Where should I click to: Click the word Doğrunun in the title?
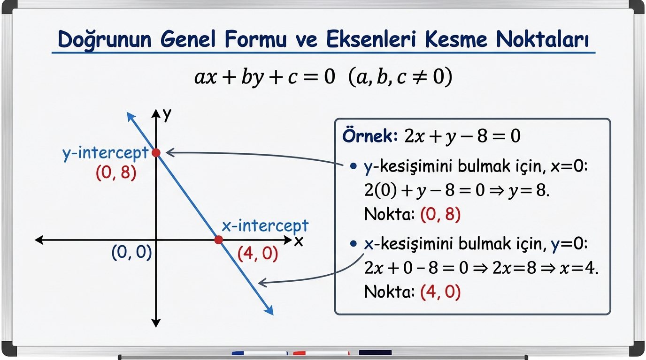pos(104,40)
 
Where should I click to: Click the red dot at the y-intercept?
pos(156,153)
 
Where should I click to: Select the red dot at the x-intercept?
pos(219,240)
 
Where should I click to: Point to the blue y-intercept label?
pos(106,153)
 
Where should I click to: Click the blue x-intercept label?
pos(265,226)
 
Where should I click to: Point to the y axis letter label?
pos(167,115)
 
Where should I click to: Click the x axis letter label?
pos(299,241)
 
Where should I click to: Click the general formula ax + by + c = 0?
pos(265,77)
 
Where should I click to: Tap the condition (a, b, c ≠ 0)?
pos(400,77)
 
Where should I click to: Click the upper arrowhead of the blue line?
pos(131,117)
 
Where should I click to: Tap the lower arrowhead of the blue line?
pos(269,310)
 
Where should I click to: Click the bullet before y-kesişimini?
pos(353,166)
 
